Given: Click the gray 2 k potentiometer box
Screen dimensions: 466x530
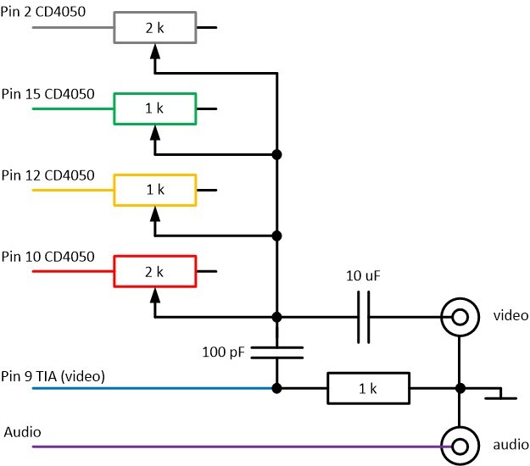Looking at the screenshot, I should pyautogui.click(x=156, y=28).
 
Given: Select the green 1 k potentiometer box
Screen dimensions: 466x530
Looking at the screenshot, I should pyautogui.click(x=156, y=109).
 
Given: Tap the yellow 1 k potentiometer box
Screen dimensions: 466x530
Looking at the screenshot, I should pyautogui.click(x=156, y=190).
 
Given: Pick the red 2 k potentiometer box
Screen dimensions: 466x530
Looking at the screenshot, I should pyautogui.click(x=156, y=271).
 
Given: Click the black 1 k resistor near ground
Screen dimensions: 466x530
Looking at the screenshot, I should pyautogui.click(x=368, y=390).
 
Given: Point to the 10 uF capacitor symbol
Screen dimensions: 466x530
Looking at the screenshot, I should pyautogui.click(x=363, y=318).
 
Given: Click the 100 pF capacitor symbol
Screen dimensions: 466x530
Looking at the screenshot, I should pyautogui.click(x=276, y=352).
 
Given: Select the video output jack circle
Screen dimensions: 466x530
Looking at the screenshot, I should pyautogui.click(x=459, y=318).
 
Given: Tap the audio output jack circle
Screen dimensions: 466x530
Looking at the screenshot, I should pyautogui.click(x=459, y=445).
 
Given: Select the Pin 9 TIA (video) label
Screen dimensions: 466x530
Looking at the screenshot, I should pyautogui.click(x=53, y=375).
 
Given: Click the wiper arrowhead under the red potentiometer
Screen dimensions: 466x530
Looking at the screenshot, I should pyautogui.click(x=154, y=295).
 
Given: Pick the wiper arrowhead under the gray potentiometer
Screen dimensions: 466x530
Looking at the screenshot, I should pyautogui.click(x=154, y=51).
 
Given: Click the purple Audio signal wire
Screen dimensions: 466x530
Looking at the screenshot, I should pyautogui.click(x=237, y=445).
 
